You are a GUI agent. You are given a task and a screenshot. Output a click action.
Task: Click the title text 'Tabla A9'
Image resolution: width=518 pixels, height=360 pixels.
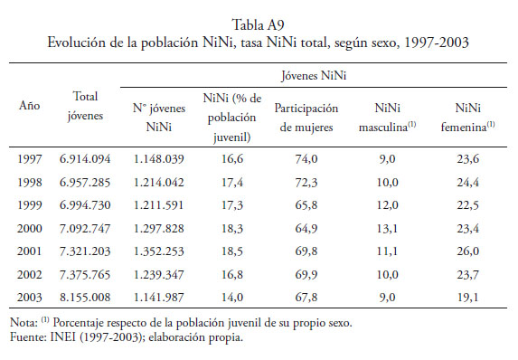click(x=258, y=25)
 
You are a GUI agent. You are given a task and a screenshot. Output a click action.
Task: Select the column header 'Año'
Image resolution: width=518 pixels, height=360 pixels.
click(x=30, y=106)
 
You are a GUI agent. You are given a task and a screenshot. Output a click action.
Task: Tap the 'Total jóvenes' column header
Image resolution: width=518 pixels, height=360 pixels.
click(x=85, y=106)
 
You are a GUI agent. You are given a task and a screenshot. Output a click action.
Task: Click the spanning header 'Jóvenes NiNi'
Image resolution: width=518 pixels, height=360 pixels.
click(x=314, y=76)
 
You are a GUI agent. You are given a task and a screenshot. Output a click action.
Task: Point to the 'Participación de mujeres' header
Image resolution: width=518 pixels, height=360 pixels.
click(x=306, y=118)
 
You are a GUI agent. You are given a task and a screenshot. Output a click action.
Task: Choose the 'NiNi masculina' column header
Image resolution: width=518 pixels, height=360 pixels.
click(x=387, y=118)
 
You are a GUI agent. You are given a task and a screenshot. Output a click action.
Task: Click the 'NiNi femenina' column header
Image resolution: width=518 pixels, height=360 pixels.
click(x=467, y=118)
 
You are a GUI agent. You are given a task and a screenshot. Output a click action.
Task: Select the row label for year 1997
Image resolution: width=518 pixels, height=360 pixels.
click(x=30, y=159)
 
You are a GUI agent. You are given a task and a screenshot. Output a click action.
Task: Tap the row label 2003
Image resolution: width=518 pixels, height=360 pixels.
click(x=30, y=298)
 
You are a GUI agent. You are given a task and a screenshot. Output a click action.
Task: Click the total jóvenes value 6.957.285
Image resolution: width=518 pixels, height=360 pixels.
click(x=85, y=182)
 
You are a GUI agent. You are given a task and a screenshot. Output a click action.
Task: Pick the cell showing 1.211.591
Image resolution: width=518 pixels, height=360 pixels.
click(x=158, y=205)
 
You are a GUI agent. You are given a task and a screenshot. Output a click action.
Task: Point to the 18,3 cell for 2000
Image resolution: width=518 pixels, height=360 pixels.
click(x=232, y=229)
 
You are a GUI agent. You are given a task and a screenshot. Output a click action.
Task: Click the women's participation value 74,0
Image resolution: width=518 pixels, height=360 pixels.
click(x=306, y=159)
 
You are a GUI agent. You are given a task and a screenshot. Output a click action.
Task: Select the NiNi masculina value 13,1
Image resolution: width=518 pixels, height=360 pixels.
click(x=387, y=229)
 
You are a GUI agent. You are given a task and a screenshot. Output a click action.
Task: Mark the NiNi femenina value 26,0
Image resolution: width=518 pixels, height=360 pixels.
click(x=467, y=251)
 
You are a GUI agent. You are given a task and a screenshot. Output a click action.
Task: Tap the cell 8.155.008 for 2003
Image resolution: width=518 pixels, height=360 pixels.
click(x=85, y=298)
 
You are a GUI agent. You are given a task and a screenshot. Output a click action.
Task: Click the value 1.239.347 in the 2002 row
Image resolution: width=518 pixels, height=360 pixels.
click(x=158, y=274)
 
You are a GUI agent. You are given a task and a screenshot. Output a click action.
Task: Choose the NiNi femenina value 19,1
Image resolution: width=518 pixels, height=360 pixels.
click(x=467, y=298)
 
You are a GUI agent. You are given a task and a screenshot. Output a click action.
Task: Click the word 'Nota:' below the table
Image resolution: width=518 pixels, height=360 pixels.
click(x=24, y=322)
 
